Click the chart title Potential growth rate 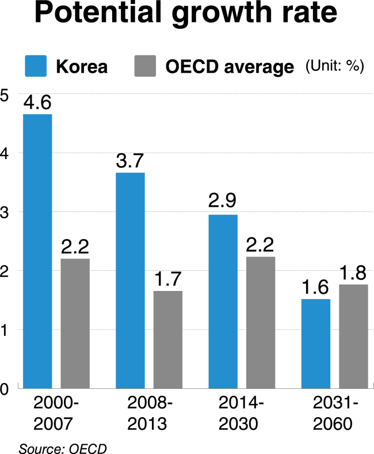click(x=186, y=13)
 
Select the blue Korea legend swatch click(x=36, y=66)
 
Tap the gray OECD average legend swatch click(x=145, y=66)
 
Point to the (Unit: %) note click(x=335, y=66)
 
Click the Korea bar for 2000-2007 click(x=37, y=251)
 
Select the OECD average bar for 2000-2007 click(x=75, y=323)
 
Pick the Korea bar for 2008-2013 click(x=131, y=281)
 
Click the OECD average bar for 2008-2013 click(x=168, y=339)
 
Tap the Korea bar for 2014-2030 click(x=223, y=301)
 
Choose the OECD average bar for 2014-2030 click(x=261, y=323)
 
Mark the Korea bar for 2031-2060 click(x=316, y=344)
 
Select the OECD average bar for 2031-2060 click(x=353, y=336)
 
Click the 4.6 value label click(x=37, y=103)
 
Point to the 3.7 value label click(x=130, y=161)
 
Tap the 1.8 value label click(x=353, y=273)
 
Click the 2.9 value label click(x=222, y=200)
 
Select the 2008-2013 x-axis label click(x=149, y=413)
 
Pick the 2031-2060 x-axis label click(x=335, y=413)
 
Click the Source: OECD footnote click(x=63, y=448)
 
